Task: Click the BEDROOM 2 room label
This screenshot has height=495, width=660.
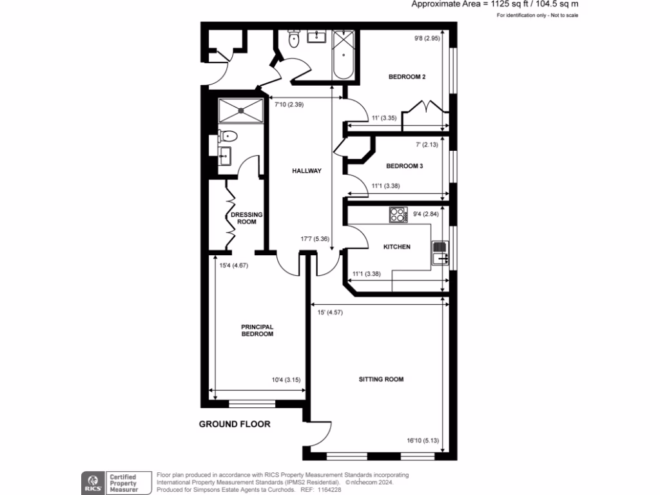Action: pyautogui.click(x=407, y=77)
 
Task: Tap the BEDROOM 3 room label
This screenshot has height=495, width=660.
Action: pyautogui.click(x=404, y=166)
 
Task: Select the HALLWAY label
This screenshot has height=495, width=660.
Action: pyautogui.click(x=306, y=171)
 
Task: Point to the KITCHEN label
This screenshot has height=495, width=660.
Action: pyautogui.click(x=396, y=247)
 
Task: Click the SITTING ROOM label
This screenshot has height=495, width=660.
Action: pyautogui.click(x=381, y=379)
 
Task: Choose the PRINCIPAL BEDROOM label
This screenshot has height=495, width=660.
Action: pyautogui.click(x=257, y=330)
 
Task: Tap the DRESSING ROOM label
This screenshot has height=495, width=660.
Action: pyautogui.click(x=244, y=218)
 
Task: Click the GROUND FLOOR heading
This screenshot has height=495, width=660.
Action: pyautogui.click(x=234, y=424)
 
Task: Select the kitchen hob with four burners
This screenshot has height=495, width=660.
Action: pyautogui.click(x=398, y=215)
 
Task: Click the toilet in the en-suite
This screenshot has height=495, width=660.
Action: pyautogui.click(x=228, y=136)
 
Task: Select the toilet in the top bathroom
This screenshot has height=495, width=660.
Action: pyautogui.click(x=294, y=39)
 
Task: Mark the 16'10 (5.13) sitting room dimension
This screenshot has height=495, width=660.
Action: pyautogui.click(x=422, y=441)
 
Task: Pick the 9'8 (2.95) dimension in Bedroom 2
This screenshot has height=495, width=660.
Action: pyautogui.click(x=426, y=38)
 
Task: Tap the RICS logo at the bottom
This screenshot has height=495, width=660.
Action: pyautogui.click(x=92, y=481)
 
